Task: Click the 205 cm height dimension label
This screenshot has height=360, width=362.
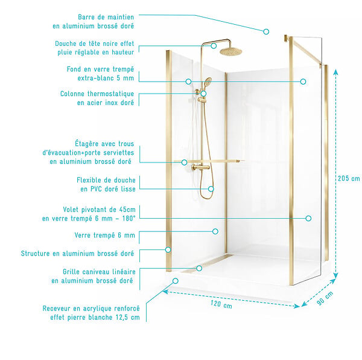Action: pyautogui.click(x=349, y=178)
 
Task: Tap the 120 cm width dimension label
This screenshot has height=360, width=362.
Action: pyautogui.click(x=221, y=304)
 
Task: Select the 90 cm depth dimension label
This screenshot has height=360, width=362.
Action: pyautogui.click(x=325, y=298)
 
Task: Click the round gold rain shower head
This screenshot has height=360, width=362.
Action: pyautogui.click(x=228, y=51)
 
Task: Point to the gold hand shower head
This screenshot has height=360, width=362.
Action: pyautogui.click(x=208, y=82)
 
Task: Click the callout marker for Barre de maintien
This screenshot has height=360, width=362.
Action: pyautogui.click(x=266, y=31)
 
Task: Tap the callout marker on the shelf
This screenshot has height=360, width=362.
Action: pyautogui.click(x=184, y=162)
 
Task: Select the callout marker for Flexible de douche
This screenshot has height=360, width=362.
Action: pyautogui.click(x=211, y=189)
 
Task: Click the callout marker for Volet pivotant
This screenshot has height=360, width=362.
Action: pyautogui.click(x=308, y=219)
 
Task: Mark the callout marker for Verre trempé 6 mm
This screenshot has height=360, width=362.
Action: pyautogui.click(x=215, y=231)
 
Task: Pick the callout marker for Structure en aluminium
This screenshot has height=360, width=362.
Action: pyautogui.click(x=168, y=249)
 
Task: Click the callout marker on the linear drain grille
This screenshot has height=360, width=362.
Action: pyautogui.click(x=199, y=268)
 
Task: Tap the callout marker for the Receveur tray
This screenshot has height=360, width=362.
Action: pyautogui.click(x=176, y=281)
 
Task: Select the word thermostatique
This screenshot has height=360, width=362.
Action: pyautogui.click(x=110, y=94)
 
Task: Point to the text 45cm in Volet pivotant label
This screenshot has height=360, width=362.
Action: pyautogui.click(x=127, y=210)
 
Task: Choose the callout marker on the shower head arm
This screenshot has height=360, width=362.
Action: pyautogui.click(x=214, y=46)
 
